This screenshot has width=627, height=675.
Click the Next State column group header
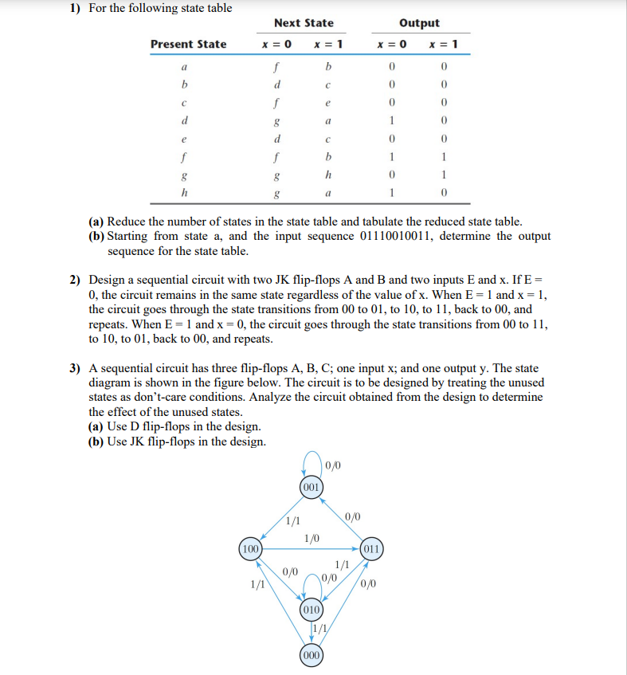click(x=304, y=23)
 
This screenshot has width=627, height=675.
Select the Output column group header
click(x=421, y=23)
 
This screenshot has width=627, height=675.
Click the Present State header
click(x=188, y=44)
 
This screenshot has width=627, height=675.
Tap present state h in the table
click(x=185, y=192)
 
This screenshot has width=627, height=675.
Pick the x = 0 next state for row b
click(x=276, y=84)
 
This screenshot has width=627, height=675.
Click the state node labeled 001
click(x=312, y=485)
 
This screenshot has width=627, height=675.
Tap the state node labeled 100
click(x=251, y=548)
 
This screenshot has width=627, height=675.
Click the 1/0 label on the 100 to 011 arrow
click(x=312, y=538)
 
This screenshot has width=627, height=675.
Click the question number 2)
click(x=75, y=281)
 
